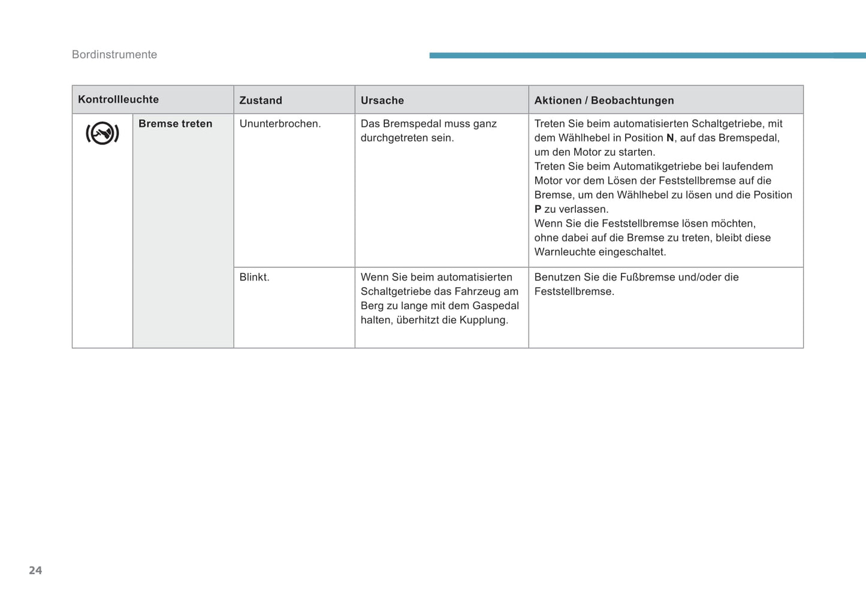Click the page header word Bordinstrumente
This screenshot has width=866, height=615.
[x=114, y=55]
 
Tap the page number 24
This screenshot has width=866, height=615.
[x=35, y=570]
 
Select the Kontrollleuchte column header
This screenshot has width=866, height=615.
[x=118, y=100]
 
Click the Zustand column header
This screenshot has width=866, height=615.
[x=261, y=100]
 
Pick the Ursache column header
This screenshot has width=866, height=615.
[x=382, y=100]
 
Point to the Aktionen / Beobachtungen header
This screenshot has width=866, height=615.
[x=604, y=100]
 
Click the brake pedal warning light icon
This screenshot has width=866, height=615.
[x=102, y=133]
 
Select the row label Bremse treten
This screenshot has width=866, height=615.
[x=175, y=123]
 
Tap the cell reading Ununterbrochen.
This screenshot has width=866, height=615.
[x=280, y=123]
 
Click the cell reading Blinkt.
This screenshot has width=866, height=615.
[x=254, y=277]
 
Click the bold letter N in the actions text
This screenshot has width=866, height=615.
[x=670, y=138]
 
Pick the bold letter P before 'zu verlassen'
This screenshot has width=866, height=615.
[x=538, y=209]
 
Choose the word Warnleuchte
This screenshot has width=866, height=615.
[x=565, y=252]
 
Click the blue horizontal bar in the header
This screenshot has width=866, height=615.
[x=647, y=55]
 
